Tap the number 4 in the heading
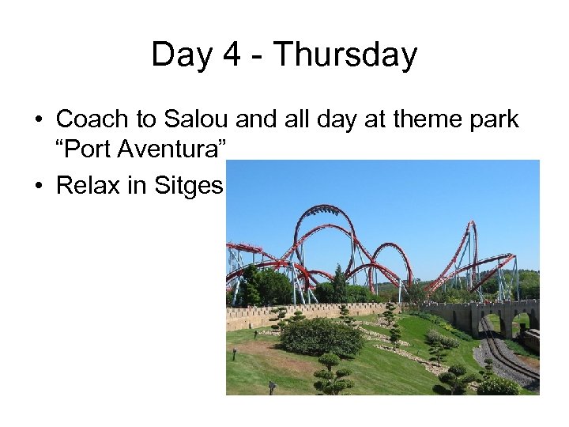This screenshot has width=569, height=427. click(x=224, y=55)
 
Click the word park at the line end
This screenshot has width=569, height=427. click(x=492, y=119)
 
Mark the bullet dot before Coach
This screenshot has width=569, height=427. click(x=38, y=120)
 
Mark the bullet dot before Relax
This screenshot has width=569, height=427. click(x=38, y=186)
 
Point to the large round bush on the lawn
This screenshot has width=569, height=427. click(x=322, y=336)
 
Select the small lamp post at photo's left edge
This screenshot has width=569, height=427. click(x=235, y=353)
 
